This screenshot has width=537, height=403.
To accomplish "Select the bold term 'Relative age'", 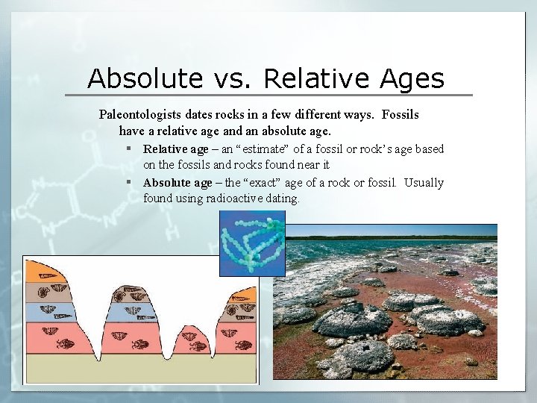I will [x=176, y=149].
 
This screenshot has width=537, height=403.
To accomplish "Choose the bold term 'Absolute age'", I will [x=178, y=183].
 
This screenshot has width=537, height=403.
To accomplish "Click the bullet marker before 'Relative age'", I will [x=129, y=149].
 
